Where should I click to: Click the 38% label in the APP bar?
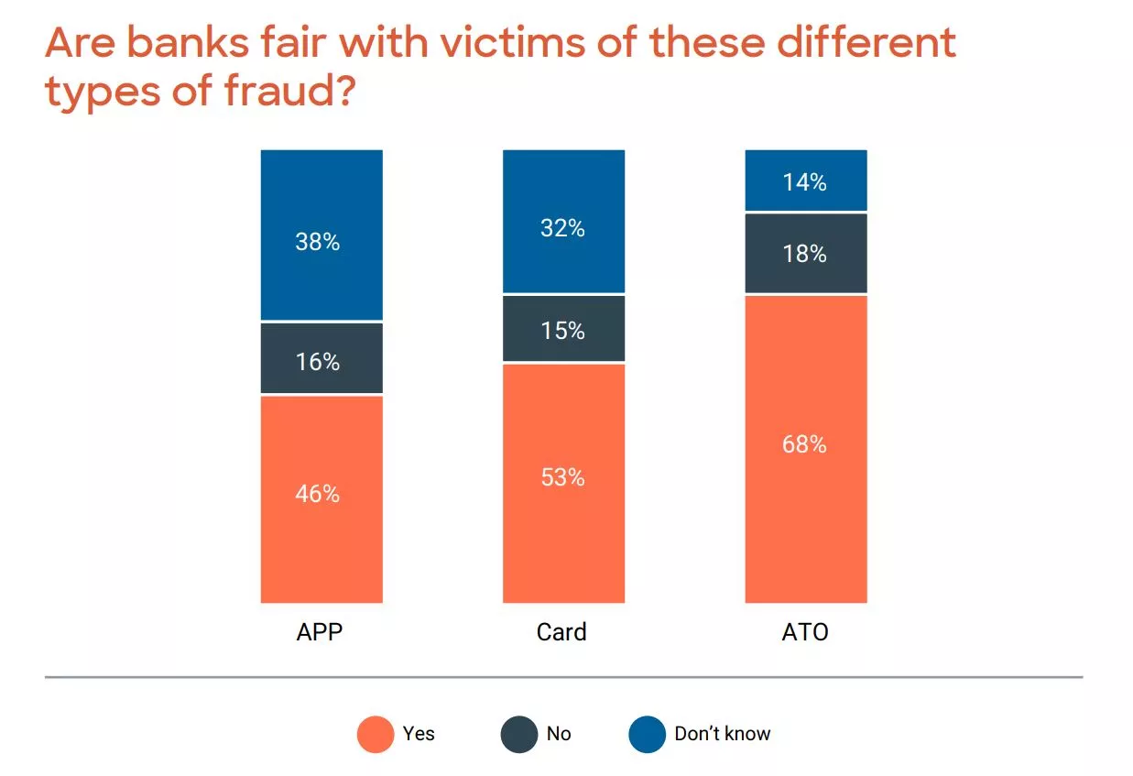coord(318,242)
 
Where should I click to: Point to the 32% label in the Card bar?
coord(561,228)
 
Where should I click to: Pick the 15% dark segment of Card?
coord(563,329)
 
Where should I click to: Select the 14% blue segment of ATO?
coord(805,180)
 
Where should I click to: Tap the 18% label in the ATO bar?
coord(804,254)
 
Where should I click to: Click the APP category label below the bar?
coord(320,632)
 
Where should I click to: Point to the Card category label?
coord(561,632)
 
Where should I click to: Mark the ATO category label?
coord(805,632)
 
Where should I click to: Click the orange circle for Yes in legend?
coord(376,735)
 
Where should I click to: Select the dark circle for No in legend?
coord(519,735)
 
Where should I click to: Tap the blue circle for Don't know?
coord(647,735)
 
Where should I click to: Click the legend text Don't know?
coord(723,734)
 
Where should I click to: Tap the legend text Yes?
coord(419,734)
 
